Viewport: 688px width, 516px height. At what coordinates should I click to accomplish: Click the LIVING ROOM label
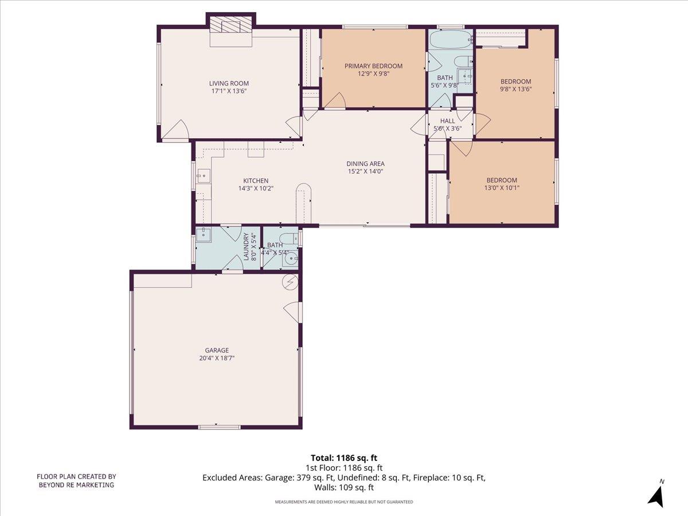229,83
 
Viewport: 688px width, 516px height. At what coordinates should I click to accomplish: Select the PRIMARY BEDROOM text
373,66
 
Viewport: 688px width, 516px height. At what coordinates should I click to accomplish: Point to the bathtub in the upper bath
450,40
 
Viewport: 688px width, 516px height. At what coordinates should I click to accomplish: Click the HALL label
447,121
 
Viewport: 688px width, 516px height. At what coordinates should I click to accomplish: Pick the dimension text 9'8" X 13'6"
515,89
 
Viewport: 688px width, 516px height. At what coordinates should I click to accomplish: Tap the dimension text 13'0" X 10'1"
502,187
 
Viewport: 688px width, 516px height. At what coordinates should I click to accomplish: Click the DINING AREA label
365,163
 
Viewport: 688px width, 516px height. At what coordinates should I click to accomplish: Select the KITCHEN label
256,181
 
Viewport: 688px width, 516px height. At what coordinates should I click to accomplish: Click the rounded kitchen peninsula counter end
303,191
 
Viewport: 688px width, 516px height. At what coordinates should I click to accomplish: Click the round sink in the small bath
291,257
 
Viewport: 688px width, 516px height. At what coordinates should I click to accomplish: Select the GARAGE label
217,350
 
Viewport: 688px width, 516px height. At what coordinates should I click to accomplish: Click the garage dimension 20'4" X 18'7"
217,358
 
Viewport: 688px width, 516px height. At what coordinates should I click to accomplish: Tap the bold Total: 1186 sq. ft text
344,458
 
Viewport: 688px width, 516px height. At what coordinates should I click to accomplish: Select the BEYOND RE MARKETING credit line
76,485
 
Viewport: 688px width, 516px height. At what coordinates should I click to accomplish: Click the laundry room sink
204,233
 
